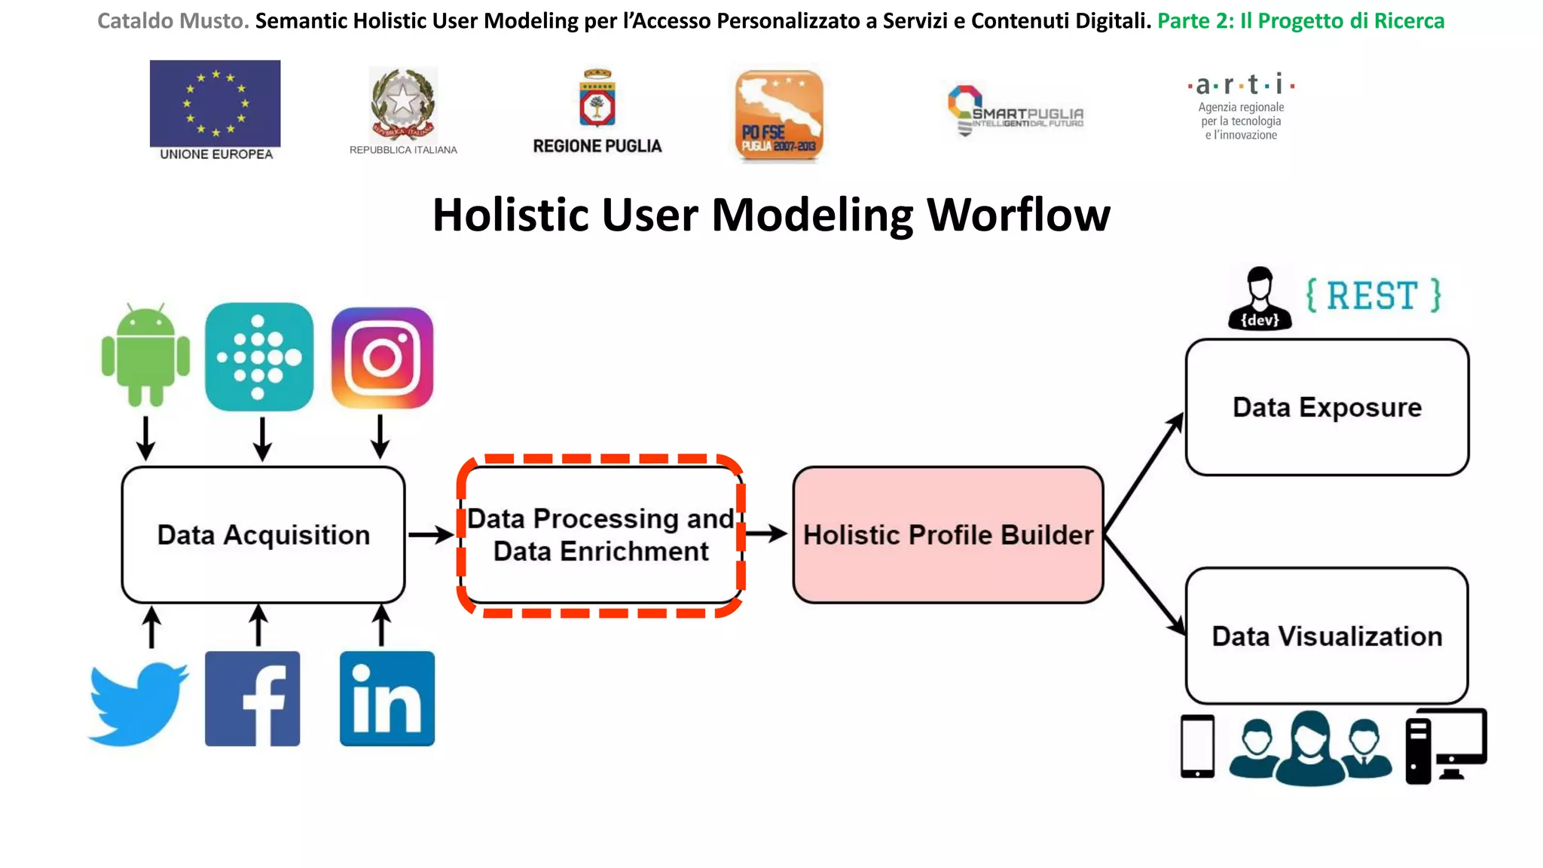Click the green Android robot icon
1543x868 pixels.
[145, 356]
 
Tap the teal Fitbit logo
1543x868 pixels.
[259, 356]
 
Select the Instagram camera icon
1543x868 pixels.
[383, 358]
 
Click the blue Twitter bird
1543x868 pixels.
[138, 704]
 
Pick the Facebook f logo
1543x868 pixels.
[252, 698]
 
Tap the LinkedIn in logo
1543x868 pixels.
[387, 698]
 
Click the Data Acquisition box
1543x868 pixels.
[263, 535]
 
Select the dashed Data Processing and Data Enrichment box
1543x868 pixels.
[600, 536]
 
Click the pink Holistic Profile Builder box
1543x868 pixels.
[948, 535]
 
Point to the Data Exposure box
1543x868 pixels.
[1327, 408]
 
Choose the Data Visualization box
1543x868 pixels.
[1327, 637]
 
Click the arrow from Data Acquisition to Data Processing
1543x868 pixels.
[431, 535]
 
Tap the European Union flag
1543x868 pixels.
[215, 103]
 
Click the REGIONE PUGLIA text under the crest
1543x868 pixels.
[597, 146]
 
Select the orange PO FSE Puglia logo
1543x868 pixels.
[779, 115]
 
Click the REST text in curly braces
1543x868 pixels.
[1373, 295]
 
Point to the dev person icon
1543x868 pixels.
[1260, 299]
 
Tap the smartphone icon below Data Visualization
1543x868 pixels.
[1197, 746]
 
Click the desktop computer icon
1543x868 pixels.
[1446, 746]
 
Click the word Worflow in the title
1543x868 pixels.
[1018, 215]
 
